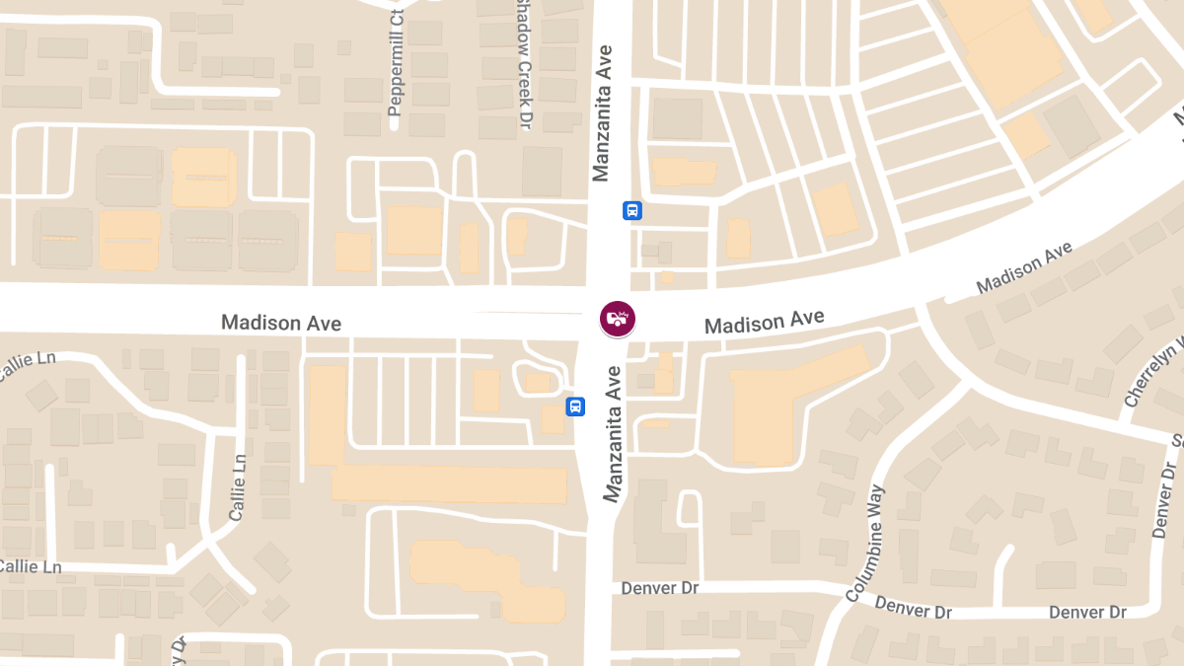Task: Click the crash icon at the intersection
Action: click(618, 319)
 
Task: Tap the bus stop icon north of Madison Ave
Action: click(632, 210)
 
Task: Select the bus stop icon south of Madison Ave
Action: click(575, 407)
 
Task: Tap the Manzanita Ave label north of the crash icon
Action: click(603, 111)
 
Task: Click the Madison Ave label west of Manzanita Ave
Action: click(281, 323)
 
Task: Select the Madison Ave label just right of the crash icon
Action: click(764, 322)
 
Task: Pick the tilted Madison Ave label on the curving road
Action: click(1023, 267)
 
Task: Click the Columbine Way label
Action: click(865, 543)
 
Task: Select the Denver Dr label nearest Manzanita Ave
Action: click(660, 588)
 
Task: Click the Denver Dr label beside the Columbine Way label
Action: click(913, 608)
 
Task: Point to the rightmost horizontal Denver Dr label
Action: click(1086, 613)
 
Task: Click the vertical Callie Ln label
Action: click(237, 487)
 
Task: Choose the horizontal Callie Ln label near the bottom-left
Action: click(30, 567)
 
